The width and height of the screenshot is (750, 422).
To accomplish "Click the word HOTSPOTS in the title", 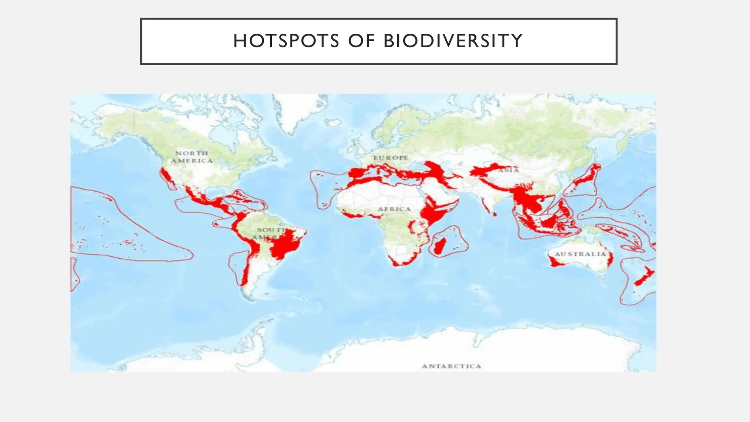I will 286,41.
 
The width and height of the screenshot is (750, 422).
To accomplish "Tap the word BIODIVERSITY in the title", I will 453,41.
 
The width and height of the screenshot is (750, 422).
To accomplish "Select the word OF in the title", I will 361,41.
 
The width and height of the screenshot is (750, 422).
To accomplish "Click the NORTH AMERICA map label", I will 192,157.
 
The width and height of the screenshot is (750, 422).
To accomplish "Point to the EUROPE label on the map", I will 390,158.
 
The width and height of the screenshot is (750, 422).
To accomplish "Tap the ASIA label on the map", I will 508,170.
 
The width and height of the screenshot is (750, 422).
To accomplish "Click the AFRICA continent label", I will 394,209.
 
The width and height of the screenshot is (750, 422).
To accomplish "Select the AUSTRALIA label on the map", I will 580,254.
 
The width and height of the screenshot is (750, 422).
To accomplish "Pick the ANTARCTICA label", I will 451,366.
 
